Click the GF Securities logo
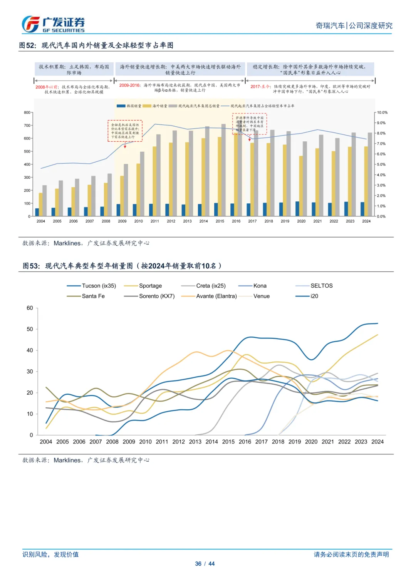click(53, 25)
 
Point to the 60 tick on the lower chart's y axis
click(30, 308)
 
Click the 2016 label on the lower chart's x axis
click(245, 442)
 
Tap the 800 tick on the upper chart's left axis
click(27, 112)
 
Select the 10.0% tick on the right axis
click(382, 112)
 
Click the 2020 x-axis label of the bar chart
click(301, 221)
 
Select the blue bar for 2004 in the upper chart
click(37, 212)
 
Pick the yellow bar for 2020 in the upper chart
click(301, 186)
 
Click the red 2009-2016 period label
click(130, 85)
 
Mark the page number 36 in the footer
click(198, 564)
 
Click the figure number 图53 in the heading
click(31, 266)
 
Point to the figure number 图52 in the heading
click(27, 45)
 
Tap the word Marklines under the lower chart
click(67, 460)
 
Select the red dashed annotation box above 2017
click(250, 124)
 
